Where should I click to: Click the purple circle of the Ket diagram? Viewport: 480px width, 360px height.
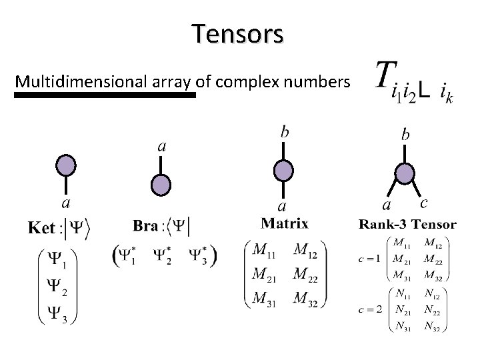pos(65,165)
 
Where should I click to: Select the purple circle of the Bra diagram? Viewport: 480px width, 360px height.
pos(160,185)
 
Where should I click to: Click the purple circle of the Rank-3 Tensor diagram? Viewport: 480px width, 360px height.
pos(405,173)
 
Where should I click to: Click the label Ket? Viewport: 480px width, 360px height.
pos(41,229)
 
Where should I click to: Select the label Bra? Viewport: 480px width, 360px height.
pos(145,226)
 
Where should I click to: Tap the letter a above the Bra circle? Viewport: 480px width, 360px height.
pos(161,146)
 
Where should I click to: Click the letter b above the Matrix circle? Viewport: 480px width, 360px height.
pos(285,133)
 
